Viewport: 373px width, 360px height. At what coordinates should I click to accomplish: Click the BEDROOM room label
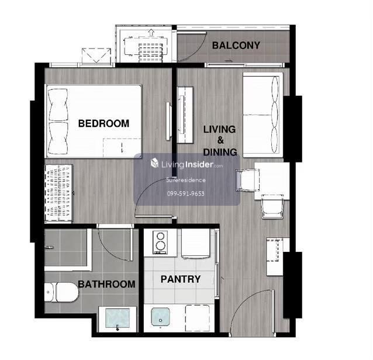click(x=103, y=123)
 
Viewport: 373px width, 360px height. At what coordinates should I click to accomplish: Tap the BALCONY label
click(x=236, y=46)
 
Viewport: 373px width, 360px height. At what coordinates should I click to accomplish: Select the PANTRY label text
click(x=181, y=279)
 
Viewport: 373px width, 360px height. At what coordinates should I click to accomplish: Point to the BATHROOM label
click(x=106, y=284)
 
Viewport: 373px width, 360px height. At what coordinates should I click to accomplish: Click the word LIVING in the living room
click(x=220, y=129)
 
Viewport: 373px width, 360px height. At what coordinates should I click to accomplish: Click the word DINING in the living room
click(x=220, y=152)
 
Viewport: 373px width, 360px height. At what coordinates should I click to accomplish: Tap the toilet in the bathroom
click(x=61, y=292)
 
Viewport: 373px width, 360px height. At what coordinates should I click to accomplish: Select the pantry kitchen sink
click(x=161, y=317)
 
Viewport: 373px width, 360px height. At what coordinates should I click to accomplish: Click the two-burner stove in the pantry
click(x=160, y=242)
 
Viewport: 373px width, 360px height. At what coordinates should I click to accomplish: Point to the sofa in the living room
click(x=263, y=115)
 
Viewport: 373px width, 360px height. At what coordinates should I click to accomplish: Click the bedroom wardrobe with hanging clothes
click(x=58, y=193)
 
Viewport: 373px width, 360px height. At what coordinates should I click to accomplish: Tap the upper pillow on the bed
click(x=58, y=105)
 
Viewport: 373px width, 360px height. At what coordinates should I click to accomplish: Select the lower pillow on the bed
click(x=58, y=138)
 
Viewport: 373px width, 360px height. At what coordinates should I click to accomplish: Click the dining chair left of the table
click(x=247, y=180)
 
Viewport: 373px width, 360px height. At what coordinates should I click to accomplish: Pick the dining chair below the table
click(x=272, y=206)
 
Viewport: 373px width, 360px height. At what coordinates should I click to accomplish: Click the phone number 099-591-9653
click(x=185, y=193)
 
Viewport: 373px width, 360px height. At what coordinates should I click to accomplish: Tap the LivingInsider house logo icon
click(x=154, y=164)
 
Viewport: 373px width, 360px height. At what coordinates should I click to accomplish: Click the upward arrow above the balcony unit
click(x=151, y=32)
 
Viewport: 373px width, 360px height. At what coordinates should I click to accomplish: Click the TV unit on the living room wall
click(x=185, y=115)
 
